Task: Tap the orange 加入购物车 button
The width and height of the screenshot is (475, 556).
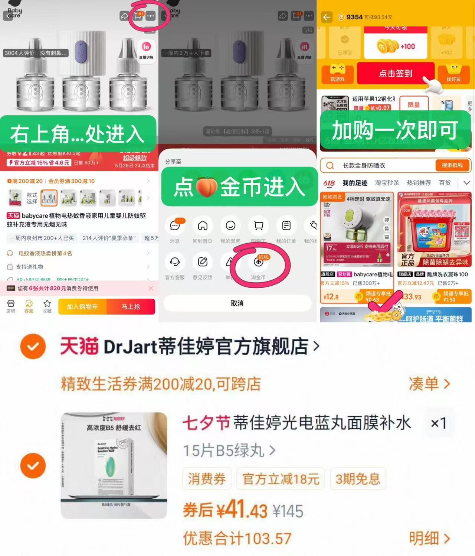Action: pos(82,307)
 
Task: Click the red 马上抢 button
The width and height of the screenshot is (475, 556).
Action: pos(131,307)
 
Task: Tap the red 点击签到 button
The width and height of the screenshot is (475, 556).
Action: pos(396,74)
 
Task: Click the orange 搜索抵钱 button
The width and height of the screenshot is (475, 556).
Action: pos(452,165)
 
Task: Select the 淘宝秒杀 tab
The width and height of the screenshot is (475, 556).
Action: pos(387,183)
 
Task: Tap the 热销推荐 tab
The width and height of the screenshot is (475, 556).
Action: pos(419,183)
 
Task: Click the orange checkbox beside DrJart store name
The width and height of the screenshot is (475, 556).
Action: pos(33,346)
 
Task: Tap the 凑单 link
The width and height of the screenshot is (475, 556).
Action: pos(429,384)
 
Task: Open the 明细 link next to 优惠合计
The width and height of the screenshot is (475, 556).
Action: pos(429,538)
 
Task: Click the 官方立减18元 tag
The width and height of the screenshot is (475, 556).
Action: pos(281,479)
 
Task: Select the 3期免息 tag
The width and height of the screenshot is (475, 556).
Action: pos(358,479)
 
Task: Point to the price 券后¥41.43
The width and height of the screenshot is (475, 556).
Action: pos(225,510)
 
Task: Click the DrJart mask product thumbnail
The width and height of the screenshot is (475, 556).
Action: pos(114,465)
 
